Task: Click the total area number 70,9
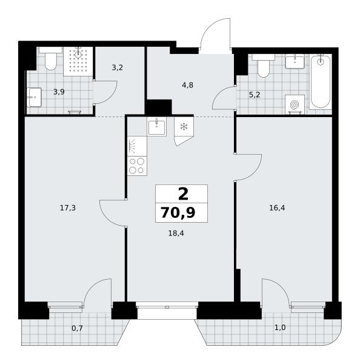[178, 213]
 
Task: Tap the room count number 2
[183, 194]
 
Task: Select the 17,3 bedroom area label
[68, 207]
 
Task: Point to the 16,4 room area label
[277, 207]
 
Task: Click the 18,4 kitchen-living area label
[176, 233]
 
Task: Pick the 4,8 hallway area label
[187, 85]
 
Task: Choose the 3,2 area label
[117, 67]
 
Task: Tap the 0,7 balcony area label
[77, 328]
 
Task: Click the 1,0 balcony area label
[280, 328]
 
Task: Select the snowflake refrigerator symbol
[184, 127]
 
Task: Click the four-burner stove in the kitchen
[137, 166]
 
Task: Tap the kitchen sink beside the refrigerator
[156, 127]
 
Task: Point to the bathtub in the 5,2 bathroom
[321, 81]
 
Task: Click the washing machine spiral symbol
[295, 105]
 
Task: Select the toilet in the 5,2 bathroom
[264, 66]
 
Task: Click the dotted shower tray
[78, 61]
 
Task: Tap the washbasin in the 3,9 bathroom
[34, 97]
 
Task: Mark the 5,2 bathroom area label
[255, 95]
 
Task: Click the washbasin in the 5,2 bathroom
[295, 61]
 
